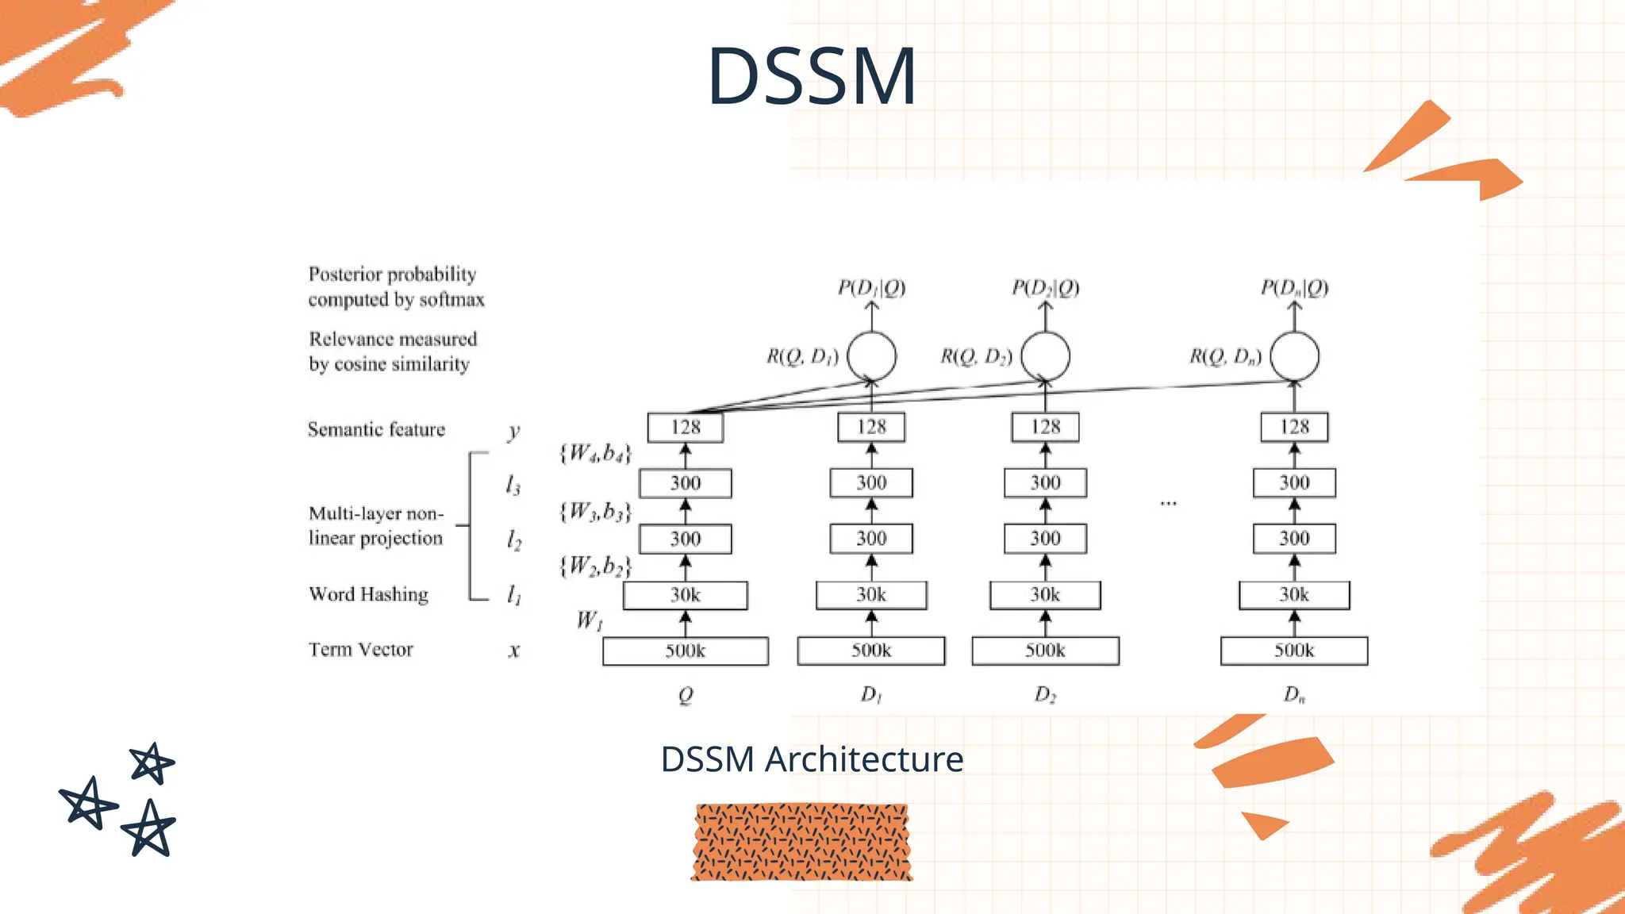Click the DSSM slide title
coord(812,76)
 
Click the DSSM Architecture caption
coord(812,759)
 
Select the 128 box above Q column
coord(686,428)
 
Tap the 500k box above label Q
coord(686,651)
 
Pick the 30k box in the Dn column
coord(1294,595)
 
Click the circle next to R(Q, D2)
coord(1045,356)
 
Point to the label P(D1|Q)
coord(871,287)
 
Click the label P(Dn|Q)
coord(1294,287)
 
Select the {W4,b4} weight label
coord(595,454)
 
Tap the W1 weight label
coord(590,620)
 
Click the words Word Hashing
coord(368,594)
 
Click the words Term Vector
coord(361,650)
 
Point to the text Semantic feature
coord(376,429)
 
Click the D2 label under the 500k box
coord(1045,695)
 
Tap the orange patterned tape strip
coord(801,842)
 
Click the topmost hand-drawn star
coord(152,764)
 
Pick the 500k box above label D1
coord(871,651)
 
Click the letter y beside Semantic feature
coord(514,432)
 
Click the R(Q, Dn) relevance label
coord(1225,357)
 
